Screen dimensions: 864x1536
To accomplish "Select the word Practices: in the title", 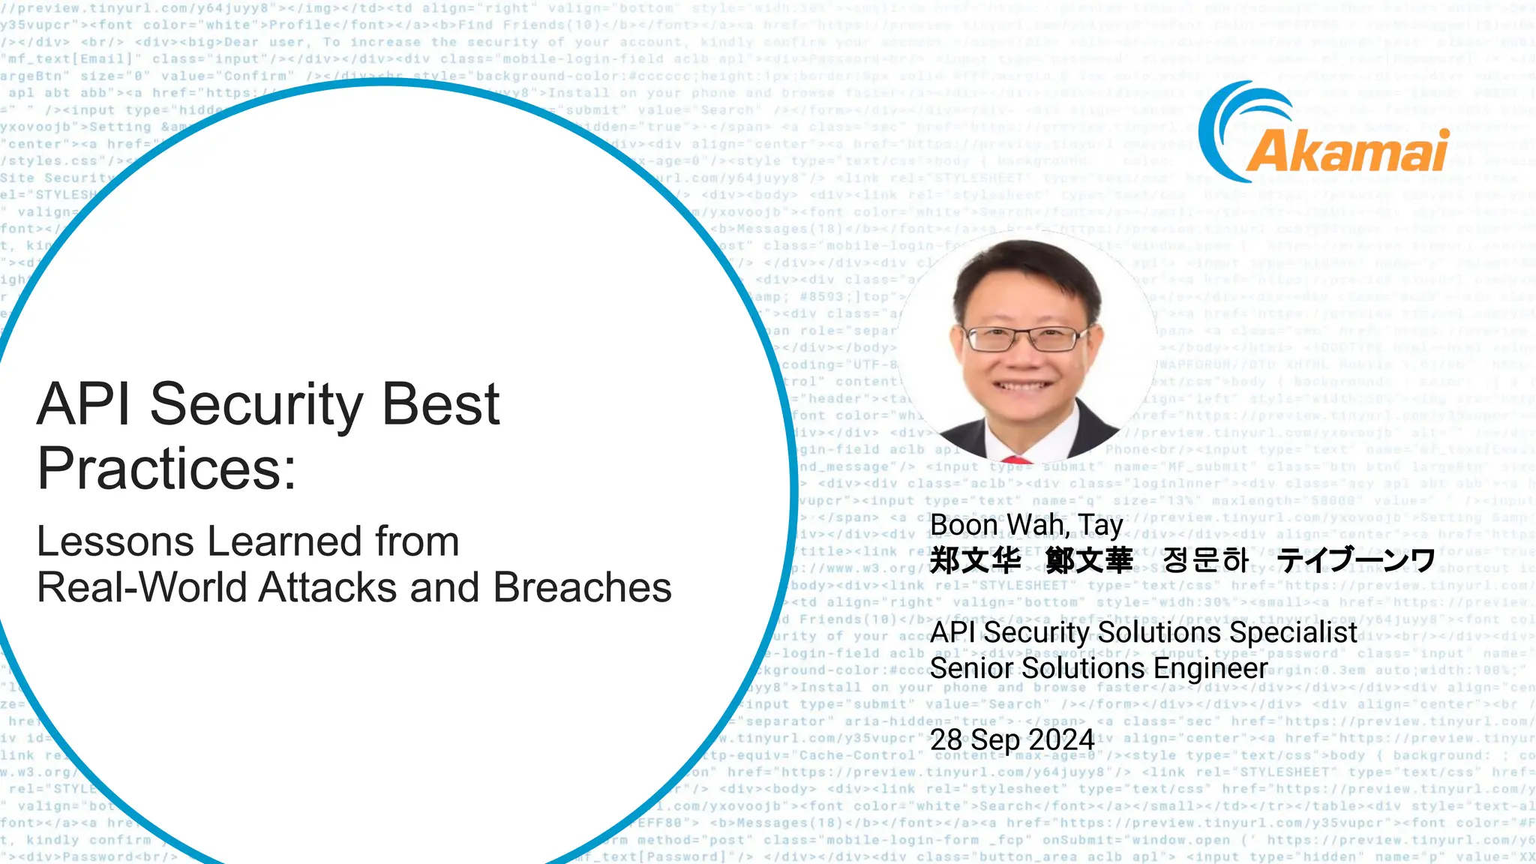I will [x=166, y=469].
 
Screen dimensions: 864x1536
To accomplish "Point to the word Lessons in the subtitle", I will [x=115, y=541].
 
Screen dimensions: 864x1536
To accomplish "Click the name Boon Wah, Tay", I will [x=1026, y=525].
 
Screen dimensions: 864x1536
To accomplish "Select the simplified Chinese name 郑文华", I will [x=975, y=560].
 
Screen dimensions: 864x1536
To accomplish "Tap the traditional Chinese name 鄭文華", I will [x=1089, y=560].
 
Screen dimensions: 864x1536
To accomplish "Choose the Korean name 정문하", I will [x=1206, y=560].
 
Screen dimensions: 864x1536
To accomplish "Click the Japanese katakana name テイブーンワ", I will [x=1356, y=560].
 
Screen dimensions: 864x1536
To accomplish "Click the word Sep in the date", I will [x=997, y=740].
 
